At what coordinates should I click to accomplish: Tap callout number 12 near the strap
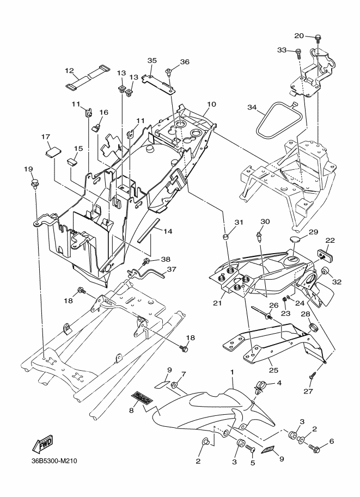point(70,70)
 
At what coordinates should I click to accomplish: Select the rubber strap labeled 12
point(88,76)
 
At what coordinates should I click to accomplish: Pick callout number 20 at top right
point(299,36)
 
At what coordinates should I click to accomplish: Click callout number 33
point(282,50)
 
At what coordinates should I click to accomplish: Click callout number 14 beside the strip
point(168,231)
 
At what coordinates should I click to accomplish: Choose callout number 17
point(46,137)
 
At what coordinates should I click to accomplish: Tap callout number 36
point(184,62)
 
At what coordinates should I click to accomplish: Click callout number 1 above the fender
point(232,371)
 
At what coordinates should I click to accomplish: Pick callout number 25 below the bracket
point(274,370)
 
